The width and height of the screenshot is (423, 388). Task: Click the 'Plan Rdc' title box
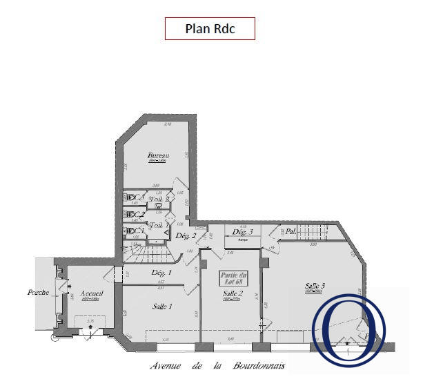(210, 29)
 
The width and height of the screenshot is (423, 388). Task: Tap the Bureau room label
(158, 156)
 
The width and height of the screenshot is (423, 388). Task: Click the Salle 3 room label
(315, 285)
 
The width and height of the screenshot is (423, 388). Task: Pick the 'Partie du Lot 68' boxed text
(233, 278)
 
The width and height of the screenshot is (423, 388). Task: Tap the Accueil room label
(91, 293)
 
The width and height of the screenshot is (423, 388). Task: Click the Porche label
(38, 292)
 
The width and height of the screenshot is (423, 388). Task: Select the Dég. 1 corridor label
(161, 273)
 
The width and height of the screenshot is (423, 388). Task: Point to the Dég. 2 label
(186, 236)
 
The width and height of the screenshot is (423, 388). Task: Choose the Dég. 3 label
(242, 232)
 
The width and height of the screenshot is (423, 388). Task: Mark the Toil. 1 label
(157, 225)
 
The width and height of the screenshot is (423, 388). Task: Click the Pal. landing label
(291, 232)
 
